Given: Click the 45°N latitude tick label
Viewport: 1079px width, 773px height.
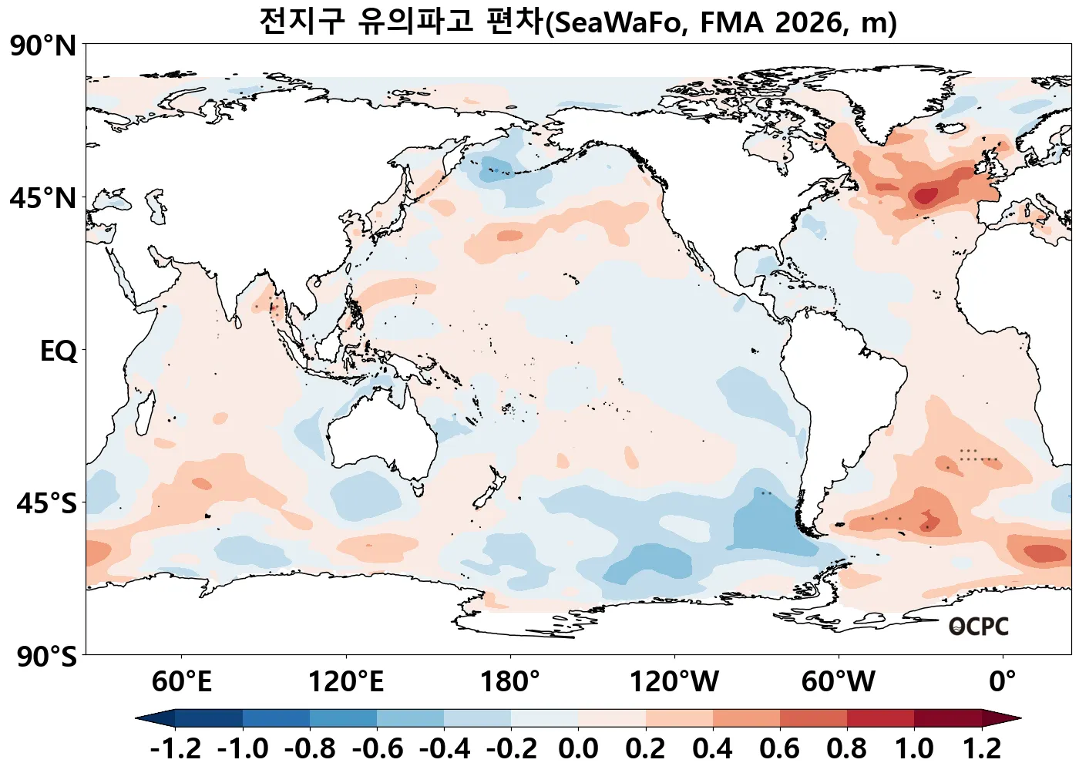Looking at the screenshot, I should click(43, 199).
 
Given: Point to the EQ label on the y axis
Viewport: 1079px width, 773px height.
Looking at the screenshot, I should click(59, 351).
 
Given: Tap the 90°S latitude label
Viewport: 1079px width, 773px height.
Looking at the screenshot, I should click(46, 657).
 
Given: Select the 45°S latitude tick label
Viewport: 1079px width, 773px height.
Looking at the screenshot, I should click(46, 504).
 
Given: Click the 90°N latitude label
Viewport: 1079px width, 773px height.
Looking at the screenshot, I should click(43, 46).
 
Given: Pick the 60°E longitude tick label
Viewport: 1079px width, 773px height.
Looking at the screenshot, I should click(181, 682).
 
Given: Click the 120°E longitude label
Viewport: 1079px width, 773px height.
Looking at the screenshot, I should click(345, 682).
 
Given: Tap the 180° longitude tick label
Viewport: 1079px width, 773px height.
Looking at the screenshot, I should click(510, 682).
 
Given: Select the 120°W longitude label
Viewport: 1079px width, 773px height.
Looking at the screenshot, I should click(674, 682).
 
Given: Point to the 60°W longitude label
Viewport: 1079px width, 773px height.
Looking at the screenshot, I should click(839, 682).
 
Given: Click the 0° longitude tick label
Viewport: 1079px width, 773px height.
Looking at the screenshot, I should click(1003, 682).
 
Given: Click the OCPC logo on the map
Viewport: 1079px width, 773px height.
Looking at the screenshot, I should click(978, 627).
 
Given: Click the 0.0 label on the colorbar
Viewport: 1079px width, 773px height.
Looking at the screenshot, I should click(578, 748).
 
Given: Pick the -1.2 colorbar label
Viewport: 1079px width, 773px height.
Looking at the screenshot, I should click(175, 748).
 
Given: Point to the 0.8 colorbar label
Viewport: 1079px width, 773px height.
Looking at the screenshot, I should click(846, 748).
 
